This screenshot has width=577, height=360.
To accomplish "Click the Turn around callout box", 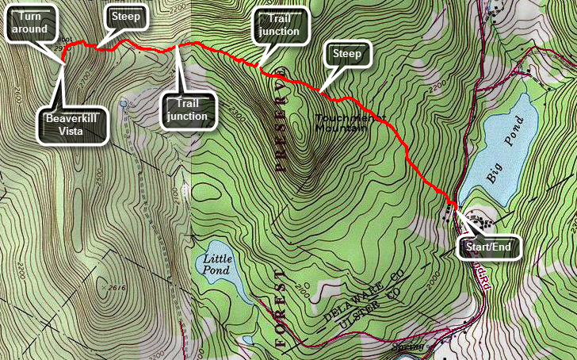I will (31, 22).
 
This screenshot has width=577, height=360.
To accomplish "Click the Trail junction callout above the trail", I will (279, 27).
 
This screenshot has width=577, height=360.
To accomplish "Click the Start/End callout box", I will (491, 247).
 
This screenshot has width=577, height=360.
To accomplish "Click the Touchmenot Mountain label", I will (341, 123).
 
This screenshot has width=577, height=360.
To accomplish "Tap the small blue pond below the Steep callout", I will (122, 103).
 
